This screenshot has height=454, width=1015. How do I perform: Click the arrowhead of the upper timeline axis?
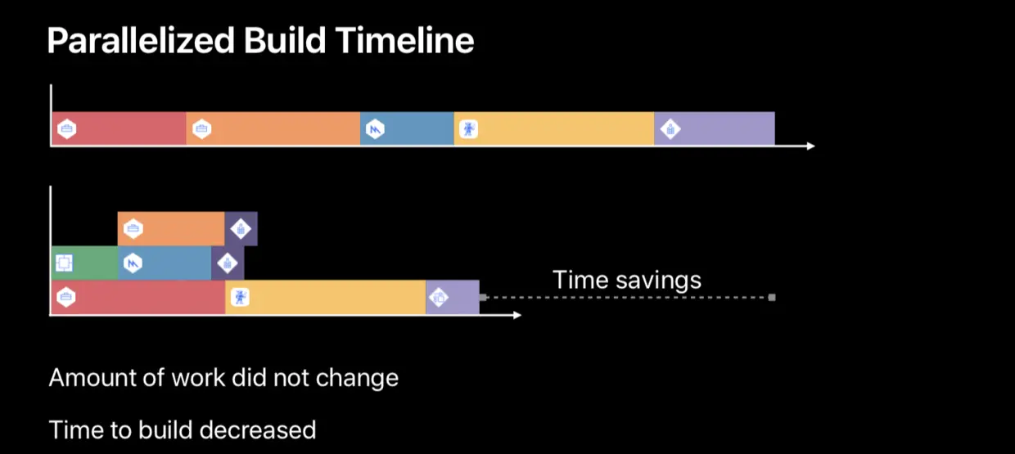click(810, 146)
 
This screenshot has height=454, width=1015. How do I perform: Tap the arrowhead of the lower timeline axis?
click(517, 315)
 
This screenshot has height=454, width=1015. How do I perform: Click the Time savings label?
click(627, 280)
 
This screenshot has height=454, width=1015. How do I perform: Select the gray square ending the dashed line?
click(771, 297)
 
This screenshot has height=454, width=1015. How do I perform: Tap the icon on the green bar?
click(64, 263)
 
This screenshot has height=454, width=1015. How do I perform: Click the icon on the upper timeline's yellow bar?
click(468, 128)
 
